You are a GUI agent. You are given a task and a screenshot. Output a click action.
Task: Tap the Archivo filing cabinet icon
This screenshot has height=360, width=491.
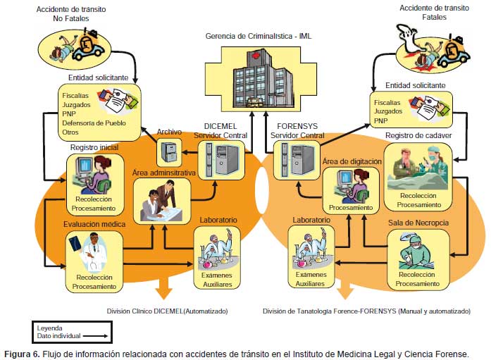tap(169, 149)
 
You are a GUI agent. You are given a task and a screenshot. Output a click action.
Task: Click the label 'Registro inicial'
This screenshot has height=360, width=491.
tap(94, 147)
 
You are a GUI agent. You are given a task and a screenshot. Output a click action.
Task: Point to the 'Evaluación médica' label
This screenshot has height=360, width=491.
tap(94, 224)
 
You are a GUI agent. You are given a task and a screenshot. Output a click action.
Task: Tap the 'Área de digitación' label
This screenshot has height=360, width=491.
tap(352, 161)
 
